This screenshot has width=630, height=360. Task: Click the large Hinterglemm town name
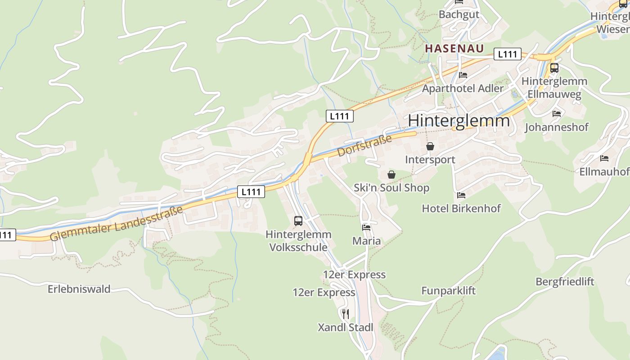coord(459,121)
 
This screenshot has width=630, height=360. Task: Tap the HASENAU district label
coord(454,49)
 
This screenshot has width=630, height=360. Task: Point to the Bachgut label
coord(459,14)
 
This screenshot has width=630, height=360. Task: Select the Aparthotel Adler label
coord(463,89)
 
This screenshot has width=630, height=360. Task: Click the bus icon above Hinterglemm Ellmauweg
coord(554,68)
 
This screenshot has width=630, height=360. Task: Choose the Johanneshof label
coord(557,127)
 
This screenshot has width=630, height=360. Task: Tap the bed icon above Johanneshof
coord(557,114)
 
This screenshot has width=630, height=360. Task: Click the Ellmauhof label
coord(604,172)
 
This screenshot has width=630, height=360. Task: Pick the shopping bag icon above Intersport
coord(430,146)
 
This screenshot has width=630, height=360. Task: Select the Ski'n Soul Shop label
coord(391,188)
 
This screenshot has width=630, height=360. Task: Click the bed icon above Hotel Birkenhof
coord(461,195)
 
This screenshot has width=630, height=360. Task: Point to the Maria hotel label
coord(366,241)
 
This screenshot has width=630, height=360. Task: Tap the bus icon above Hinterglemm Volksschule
coord(298,221)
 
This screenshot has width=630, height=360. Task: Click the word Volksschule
coord(298,247)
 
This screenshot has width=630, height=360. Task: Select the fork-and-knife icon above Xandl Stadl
coord(346,314)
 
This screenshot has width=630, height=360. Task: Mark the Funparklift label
coord(448,291)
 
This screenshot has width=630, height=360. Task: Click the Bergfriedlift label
coord(565,282)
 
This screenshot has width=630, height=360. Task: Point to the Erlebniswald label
coord(79,289)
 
